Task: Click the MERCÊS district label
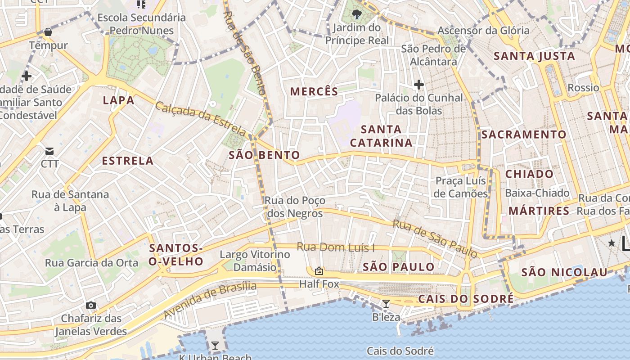[x=314, y=92]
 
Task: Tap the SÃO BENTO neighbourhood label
[x=264, y=155]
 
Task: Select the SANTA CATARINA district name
[x=381, y=136]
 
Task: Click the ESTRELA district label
[x=128, y=161]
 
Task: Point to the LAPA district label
[x=119, y=100]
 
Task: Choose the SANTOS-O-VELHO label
[x=176, y=255]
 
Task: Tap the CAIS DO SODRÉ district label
[x=466, y=299]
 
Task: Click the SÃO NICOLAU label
[x=564, y=272]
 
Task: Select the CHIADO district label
[x=529, y=174]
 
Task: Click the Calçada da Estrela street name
[x=201, y=119]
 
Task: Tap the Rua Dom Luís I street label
[x=336, y=247]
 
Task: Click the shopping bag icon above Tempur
[x=48, y=32]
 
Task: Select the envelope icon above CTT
[x=49, y=151]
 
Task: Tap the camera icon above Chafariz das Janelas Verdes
[x=91, y=306]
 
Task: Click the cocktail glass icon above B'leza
[x=386, y=304]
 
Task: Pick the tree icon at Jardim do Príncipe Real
[x=356, y=14]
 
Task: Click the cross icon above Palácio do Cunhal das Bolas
[x=419, y=84]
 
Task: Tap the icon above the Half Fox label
[x=319, y=271]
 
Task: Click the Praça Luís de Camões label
[x=461, y=187]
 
